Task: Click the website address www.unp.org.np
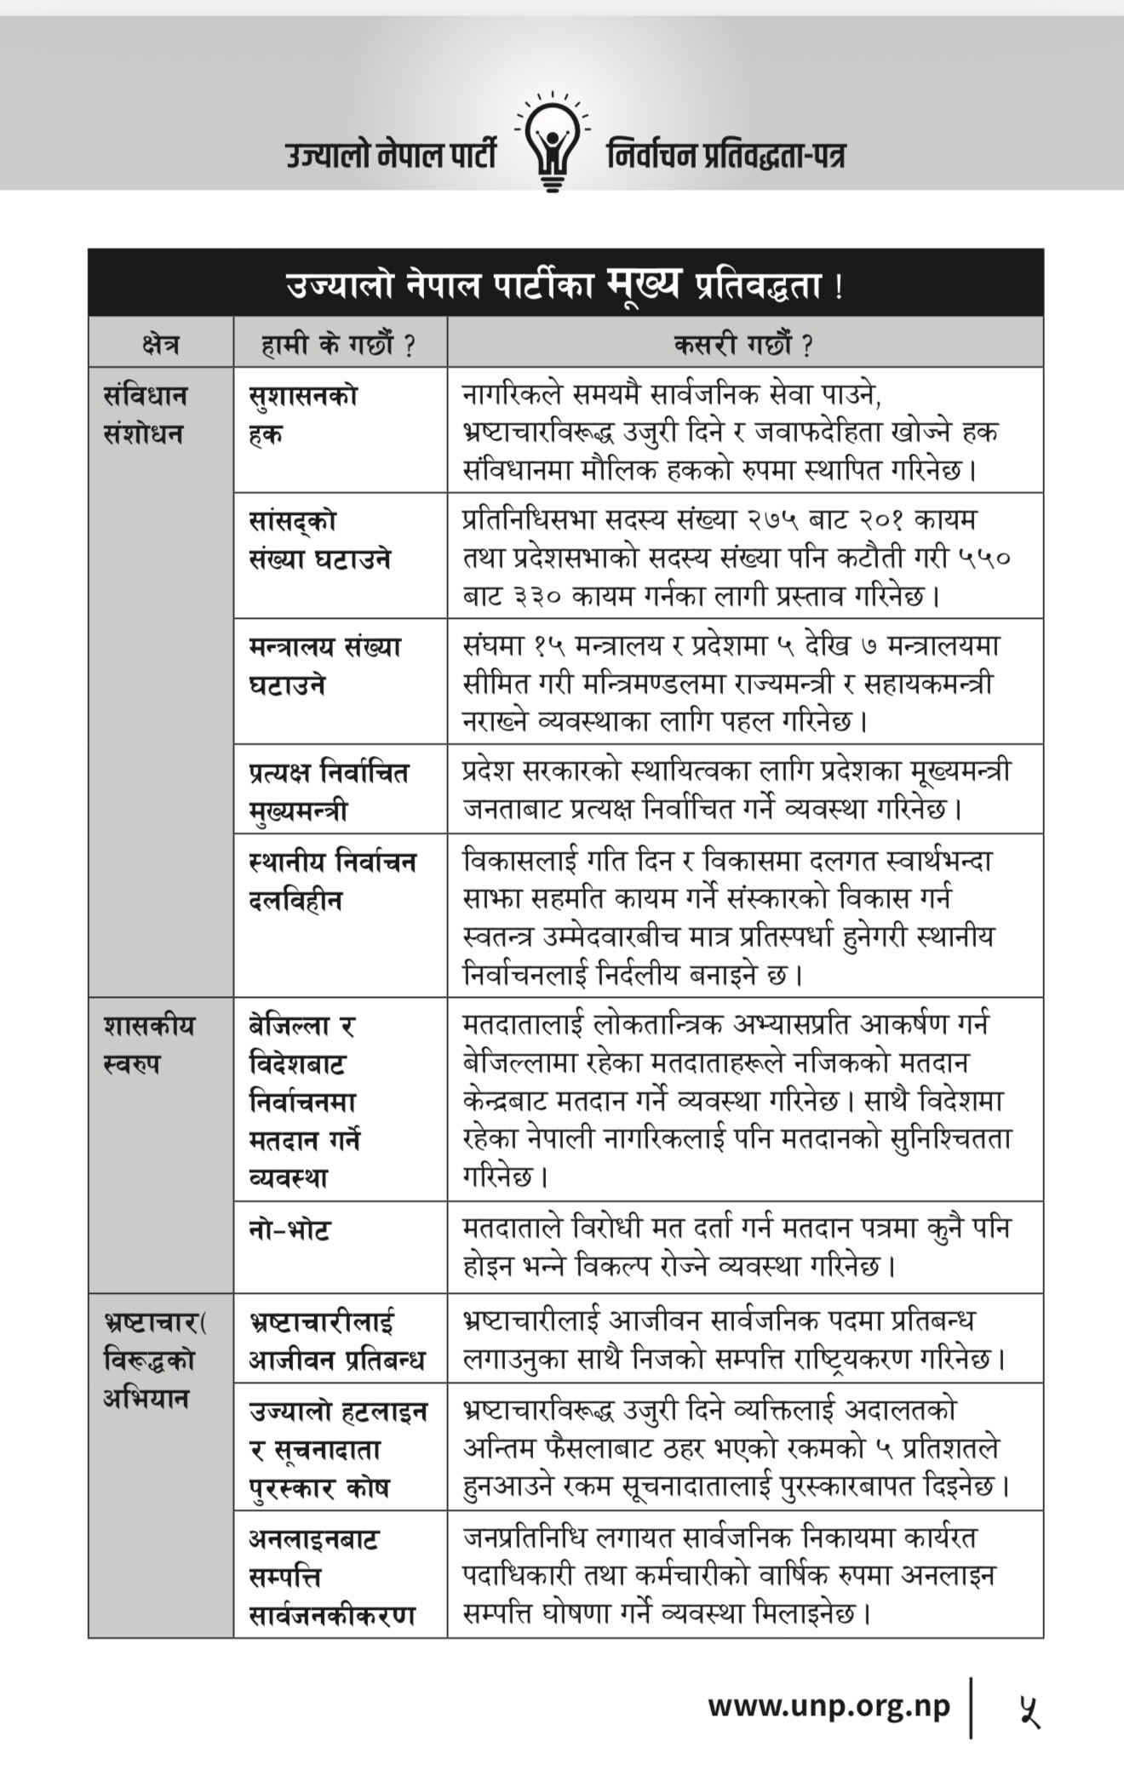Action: (x=828, y=1706)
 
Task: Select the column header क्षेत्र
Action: (x=160, y=344)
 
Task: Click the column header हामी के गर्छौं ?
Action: (x=339, y=344)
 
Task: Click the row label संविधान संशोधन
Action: (x=145, y=415)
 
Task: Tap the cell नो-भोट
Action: (x=290, y=1230)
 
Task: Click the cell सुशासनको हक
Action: (x=303, y=415)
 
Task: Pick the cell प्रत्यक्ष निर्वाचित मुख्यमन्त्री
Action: (x=329, y=791)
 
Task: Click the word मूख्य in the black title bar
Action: (x=643, y=284)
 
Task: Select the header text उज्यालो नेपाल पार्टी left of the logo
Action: (x=391, y=157)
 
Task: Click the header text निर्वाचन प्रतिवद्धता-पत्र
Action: (x=725, y=157)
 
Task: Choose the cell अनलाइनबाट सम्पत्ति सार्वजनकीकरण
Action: (x=331, y=1578)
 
